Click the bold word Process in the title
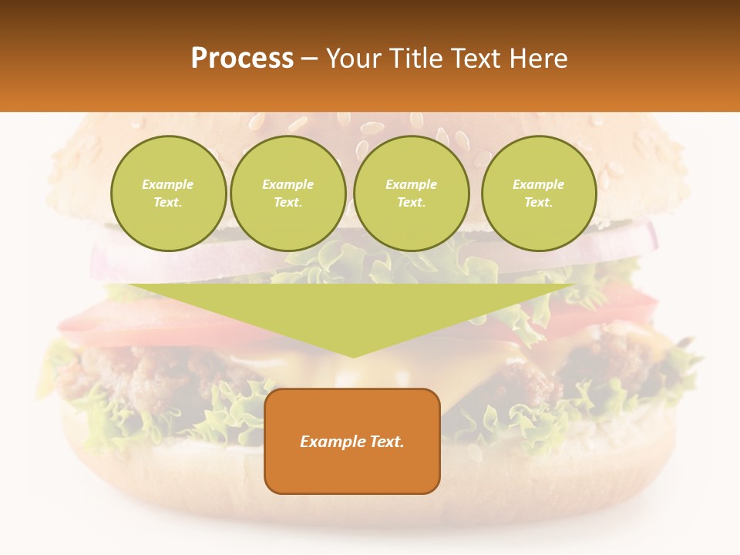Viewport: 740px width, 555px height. click(x=242, y=58)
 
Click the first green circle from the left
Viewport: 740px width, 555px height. click(x=168, y=193)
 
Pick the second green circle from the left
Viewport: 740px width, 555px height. click(x=288, y=193)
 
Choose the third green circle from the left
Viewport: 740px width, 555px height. click(x=411, y=193)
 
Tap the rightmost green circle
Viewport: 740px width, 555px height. click(x=539, y=193)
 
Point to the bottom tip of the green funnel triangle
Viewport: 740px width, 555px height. click(x=353, y=355)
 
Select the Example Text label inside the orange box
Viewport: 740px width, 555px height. click(x=352, y=442)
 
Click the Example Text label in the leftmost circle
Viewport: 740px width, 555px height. click(x=168, y=193)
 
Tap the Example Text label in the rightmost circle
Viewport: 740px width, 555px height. click(x=539, y=193)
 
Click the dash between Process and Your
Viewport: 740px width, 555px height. click(x=309, y=59)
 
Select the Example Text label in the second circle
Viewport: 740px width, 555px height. click(x=288, y=193)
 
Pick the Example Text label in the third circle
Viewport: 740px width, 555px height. click(x=411, y=193)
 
